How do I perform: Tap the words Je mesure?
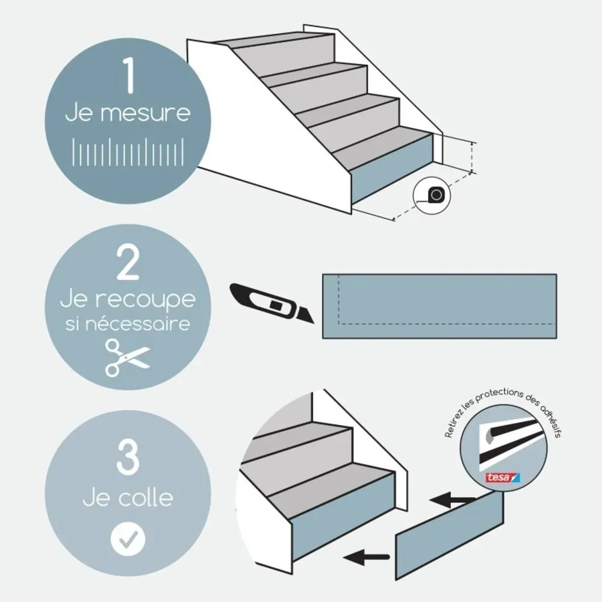(x=128, y=113)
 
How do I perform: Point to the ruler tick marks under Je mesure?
(x=128, y=152)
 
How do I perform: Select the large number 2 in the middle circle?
(x=128, y=265)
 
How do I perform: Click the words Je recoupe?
(x=128, y=299)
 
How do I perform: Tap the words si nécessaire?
(x=128, y=324)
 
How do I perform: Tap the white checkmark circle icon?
(x=128, y=539)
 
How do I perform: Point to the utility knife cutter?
(x=271, y=302)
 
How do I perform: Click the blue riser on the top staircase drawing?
(x=391, y=172)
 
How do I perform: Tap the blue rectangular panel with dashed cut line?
(x=439, y=306)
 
